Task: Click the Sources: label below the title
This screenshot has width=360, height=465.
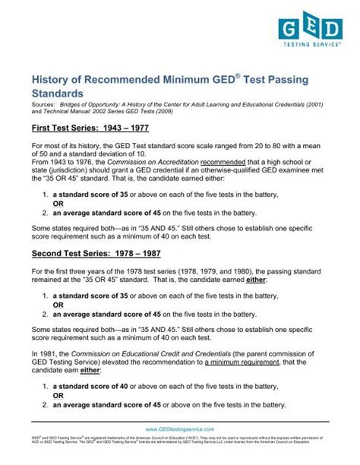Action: click(x=43, y=110)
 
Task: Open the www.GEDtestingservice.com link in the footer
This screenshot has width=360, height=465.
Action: click(x=180, y=429)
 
